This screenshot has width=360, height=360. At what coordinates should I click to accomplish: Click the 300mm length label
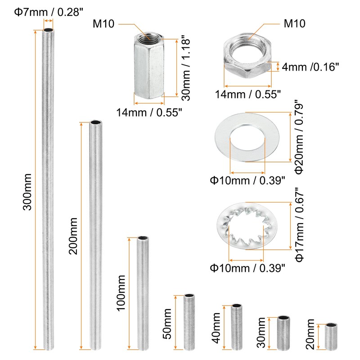(x=27, y=192)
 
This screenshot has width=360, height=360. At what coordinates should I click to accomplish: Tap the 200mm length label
(x=73, y=236)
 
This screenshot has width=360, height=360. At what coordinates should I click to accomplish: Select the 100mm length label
(x=121, y=293)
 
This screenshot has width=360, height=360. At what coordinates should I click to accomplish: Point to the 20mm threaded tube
(x=331, y=337)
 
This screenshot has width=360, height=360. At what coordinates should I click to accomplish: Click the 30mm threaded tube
(x=283, y=333)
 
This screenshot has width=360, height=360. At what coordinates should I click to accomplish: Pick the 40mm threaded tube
(x=237, y=327)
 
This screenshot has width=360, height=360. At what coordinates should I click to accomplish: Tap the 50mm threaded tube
(x=189, y=322)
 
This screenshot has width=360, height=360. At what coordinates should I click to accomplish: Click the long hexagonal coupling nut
(x=149, y=66)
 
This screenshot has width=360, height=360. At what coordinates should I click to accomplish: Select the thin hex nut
(x=248, y=56)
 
